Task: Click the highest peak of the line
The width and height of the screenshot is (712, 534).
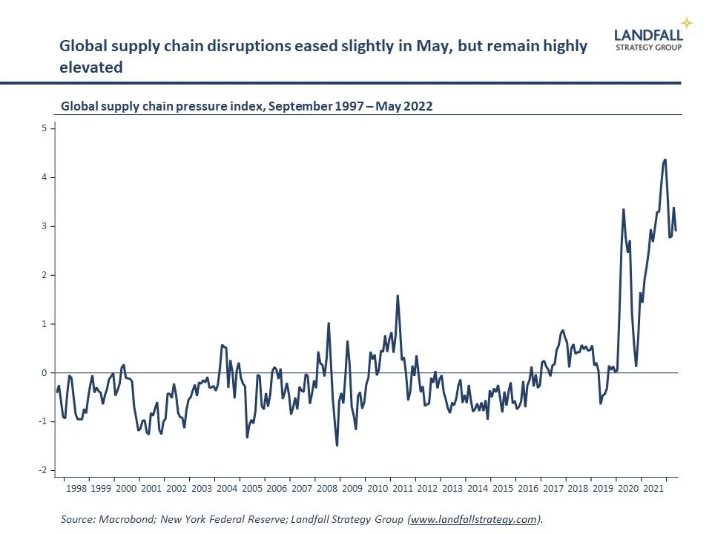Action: pyautogui.click(x=665, y=159)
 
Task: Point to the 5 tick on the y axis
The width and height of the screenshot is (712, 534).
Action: pyautogui.click(x=44, y=128)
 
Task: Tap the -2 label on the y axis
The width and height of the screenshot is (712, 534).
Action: pyautogui.click(x=43, y=470)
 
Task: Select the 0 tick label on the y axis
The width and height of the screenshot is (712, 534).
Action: pyautogui.click(x=44, y=373)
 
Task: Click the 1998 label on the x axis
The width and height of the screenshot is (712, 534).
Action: pyautogui.click(x=76, y=489)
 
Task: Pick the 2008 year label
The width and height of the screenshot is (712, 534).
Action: pyautogui.click(x=327, y=489)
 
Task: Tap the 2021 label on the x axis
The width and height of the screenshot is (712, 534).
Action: pyautogui.click(x=653, y=489)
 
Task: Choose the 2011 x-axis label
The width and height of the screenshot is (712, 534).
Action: pyautogui.click(x=402, y=489)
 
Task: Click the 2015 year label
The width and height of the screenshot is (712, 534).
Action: pyautogui.click(x=502, y=489)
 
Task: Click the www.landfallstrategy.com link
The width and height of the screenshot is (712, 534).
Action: pyautogui.click(x=473, y=520)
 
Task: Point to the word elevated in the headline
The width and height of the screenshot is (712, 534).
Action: pyautogui.click(x=90, y=67)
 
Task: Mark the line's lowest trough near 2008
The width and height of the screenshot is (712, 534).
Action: pyautogui.click(x=337, y=445)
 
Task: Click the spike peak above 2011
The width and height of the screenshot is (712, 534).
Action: pyautogui.click(x=398, y=296)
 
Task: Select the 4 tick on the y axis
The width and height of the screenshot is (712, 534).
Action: pyautogui.click(x=44, y=177)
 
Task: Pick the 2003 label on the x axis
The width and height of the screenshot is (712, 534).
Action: pyautogui.click(x=202, y=489)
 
